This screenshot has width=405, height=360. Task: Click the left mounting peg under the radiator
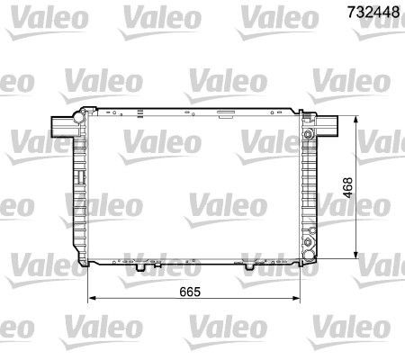tap(140, 266)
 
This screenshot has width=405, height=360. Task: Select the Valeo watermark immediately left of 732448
tap(276, 15)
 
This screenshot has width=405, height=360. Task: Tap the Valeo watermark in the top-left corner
tap(30, 15)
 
